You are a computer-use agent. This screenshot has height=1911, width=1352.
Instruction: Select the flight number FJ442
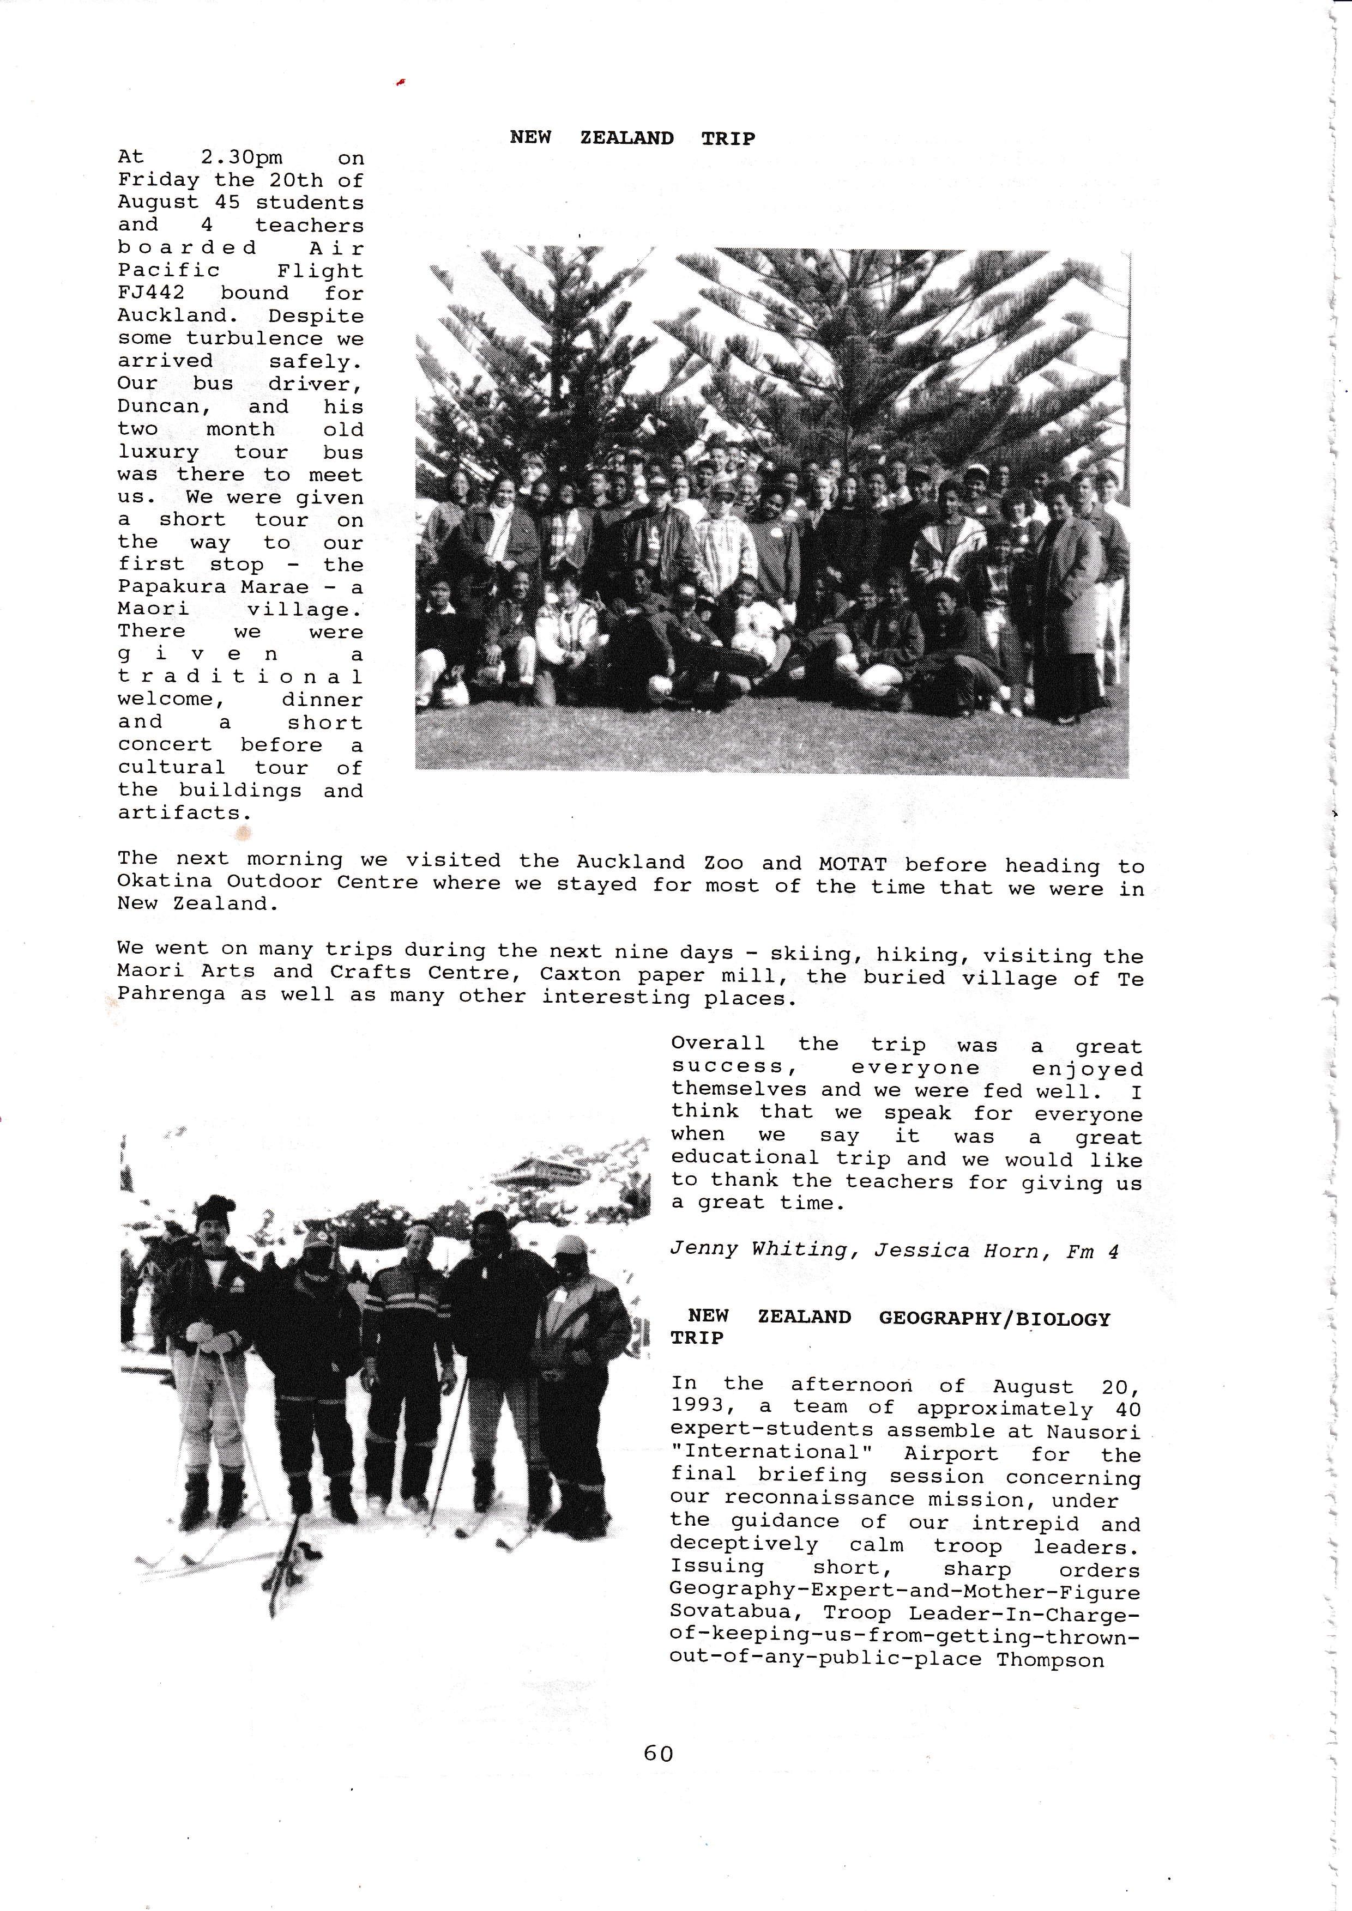[x=150, y=293]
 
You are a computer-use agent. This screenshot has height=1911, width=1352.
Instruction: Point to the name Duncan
[x=158, y=407]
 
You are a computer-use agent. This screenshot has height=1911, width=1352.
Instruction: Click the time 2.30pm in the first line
[x=242, y=157]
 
